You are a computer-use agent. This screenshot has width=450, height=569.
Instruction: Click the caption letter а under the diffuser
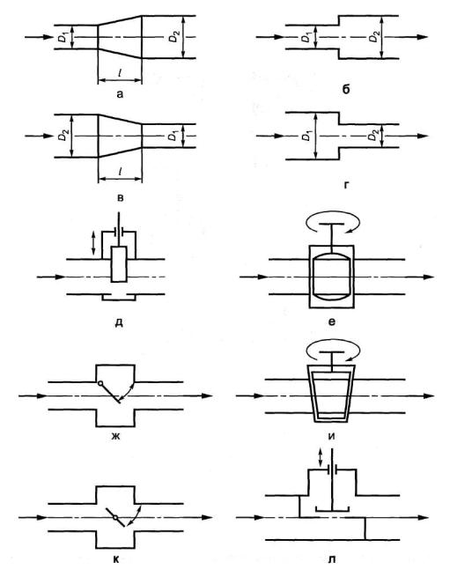click(x=120, y=95)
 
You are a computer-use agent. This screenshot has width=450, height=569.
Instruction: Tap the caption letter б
click(x=345, y=89)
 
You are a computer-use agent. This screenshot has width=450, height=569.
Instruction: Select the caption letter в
click(x=121, y=198)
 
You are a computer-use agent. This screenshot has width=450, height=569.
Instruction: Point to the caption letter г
click(x=346, y=186)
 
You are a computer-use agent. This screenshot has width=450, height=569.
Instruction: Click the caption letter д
click(x=119, y=322)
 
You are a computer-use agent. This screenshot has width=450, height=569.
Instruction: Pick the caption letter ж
click(x=115, y=436)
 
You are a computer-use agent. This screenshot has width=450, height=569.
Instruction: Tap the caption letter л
click(x=331, y=559)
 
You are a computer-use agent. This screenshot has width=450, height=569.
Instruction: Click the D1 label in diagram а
click(x=63, y=37)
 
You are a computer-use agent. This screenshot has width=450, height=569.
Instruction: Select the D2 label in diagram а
click(x=174, y=37)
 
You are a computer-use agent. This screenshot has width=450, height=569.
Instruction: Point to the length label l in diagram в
click(x=120, y=171)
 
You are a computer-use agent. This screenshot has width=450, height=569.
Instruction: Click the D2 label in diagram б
click(x=374, y=37)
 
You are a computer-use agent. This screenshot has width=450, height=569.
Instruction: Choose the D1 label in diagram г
click(x=307, y=136)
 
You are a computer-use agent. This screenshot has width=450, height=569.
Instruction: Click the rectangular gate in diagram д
click(x=119, y=264)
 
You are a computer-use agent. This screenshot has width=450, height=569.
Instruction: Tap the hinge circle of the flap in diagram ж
click(x=100, y=383)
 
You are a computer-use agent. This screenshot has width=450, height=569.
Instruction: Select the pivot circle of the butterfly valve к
click(x=115, y=518)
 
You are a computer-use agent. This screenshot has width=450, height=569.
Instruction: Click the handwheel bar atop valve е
click(x=332, y=224)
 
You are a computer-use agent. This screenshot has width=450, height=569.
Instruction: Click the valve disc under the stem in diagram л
click(x=332, y=509)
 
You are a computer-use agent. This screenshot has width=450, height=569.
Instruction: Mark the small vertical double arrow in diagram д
click(x=94, y=243)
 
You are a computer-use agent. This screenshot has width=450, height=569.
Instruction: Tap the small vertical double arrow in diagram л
click(x=320, y=458)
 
